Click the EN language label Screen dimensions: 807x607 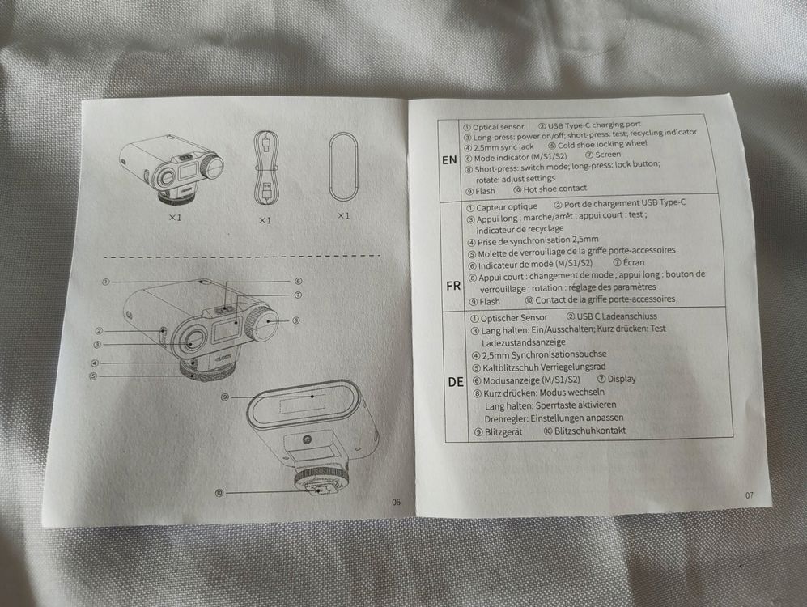coord(449,160)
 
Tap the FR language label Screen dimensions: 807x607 coord(453,286)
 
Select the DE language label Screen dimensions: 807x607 coord(456,382)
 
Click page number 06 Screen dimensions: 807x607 coord(396,502)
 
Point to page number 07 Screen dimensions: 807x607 coord(750,495)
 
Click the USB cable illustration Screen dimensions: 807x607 coord(265,168)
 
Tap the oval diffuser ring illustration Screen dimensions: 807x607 coord(343,168)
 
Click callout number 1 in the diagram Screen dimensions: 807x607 coord(105,282)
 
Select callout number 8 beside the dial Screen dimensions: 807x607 coord(296,320)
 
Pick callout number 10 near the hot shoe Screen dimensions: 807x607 coord(219,494)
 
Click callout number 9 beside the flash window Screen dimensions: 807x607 coord(225,397)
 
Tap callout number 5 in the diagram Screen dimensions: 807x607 coord(93,376)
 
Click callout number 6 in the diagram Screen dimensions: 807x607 coord(298,282)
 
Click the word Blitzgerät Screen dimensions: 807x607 coord(503,432)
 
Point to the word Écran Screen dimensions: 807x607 coord(633,262)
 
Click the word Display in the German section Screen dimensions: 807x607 coord(622,379)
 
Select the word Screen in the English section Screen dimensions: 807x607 coord(608,155)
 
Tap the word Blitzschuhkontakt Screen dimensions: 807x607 coord(590,431)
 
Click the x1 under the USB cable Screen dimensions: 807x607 coord(265,220)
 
